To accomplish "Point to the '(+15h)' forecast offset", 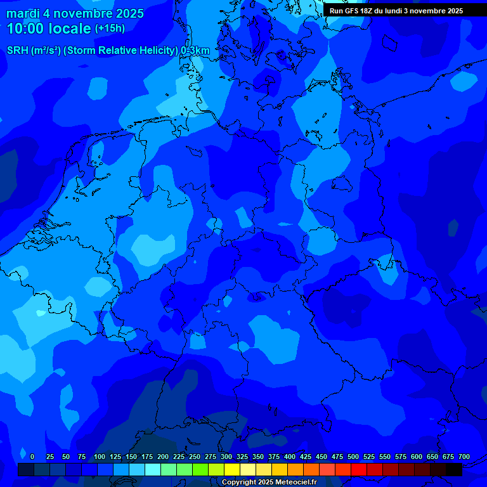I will (x=110, y=29).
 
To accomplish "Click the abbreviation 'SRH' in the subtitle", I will (x=17, y=51).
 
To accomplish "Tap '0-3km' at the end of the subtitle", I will (x=195, y=51).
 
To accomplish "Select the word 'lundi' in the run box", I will (x=402, y=11).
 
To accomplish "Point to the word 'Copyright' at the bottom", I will (x=240, y=483).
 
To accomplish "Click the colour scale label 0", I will (x=32, y=457).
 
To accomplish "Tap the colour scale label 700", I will (x=464, y=457).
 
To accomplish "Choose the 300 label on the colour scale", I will (x=226, y=457).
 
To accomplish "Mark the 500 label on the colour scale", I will (x=353, y=457).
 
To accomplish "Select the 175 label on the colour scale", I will (x=147, y=457).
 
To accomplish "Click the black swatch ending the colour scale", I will (x=454, y=469).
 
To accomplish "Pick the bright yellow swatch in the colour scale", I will (x=232, y=469).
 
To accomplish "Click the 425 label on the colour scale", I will (x=306, y=457).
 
